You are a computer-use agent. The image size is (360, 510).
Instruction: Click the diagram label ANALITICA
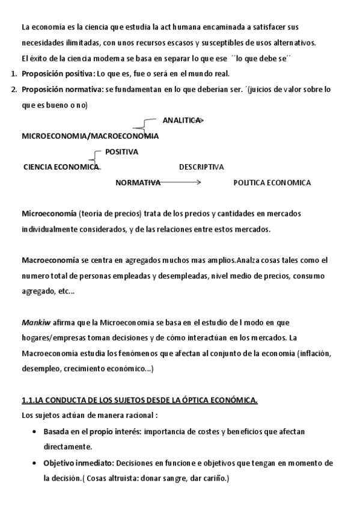[181, 120]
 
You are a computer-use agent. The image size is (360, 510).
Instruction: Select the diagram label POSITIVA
[121, 152]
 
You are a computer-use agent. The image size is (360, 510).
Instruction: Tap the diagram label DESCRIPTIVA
[201, 167]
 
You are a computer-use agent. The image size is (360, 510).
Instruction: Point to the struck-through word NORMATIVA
[138, 183]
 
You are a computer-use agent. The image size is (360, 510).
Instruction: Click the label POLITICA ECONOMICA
[272, 183]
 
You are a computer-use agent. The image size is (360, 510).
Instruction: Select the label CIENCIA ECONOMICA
[61, 167]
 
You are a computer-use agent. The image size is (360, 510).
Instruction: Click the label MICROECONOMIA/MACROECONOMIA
[90, 136]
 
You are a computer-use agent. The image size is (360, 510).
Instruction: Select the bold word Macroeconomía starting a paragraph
[50, 260]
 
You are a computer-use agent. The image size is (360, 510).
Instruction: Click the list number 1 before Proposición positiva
[13, 74]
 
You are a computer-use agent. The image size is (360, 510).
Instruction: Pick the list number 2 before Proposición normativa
[13, 90]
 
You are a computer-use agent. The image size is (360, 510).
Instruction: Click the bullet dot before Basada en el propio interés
[32, 432]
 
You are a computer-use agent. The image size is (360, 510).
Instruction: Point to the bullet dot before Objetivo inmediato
[32, 463]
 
